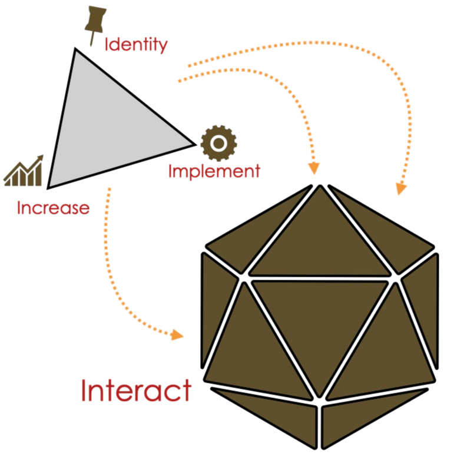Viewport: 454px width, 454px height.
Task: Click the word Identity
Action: [136, 45]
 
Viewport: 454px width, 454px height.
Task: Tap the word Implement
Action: [214, 171]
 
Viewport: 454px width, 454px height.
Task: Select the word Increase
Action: [53, 208]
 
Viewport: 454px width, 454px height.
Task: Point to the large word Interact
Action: [136, 391]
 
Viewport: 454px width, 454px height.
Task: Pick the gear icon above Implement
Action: [218, 143]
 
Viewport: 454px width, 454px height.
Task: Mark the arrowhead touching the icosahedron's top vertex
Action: [313, 168]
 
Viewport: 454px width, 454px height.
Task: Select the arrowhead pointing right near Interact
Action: [177, 336]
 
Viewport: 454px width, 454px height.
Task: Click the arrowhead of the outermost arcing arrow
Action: [400, 188]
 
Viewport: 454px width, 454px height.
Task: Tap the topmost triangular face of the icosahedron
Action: [319, 236]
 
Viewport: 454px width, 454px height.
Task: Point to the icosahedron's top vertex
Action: [319, 188]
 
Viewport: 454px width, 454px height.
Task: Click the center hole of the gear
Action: [218, 143]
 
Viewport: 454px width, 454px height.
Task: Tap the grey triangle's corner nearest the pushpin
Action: [77, 53]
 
